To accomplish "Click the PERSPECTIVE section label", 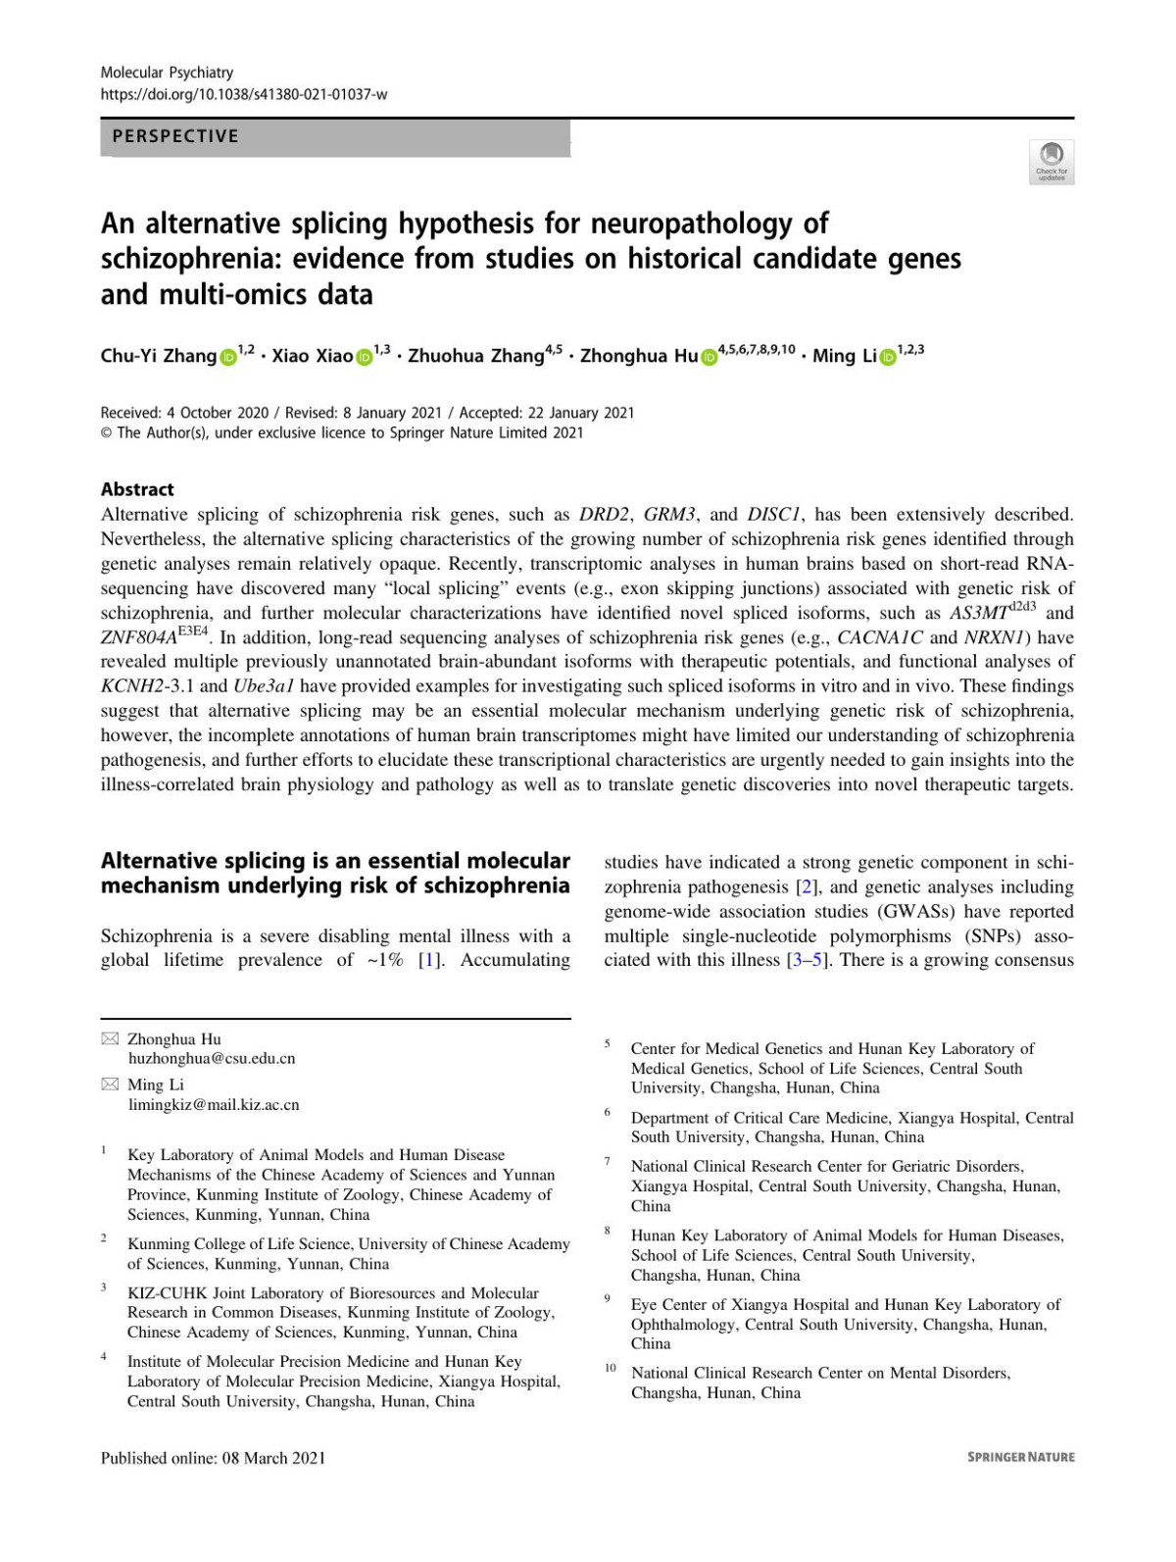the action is tap(175, 136).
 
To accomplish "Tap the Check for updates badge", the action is tap(1052, 161).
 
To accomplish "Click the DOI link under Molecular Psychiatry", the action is tap(244, 94).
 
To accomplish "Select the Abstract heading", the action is tap(137, 489).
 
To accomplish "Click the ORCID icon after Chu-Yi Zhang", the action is tap(227, 357).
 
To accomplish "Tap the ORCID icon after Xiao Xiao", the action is tap(364, 357).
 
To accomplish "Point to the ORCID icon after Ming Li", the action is tap(888, 357).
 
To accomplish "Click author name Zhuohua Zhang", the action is tap(475, 356).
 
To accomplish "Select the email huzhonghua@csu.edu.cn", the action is tap(212, 1059).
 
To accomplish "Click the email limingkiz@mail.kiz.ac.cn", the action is tap(214, 1105).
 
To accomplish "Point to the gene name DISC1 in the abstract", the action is tap(775, 515).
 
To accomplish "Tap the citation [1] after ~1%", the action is tap(428, 960).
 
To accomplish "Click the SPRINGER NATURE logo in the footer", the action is tap(1020, 1457).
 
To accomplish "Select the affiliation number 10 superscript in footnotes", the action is tap(610, 1368).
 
